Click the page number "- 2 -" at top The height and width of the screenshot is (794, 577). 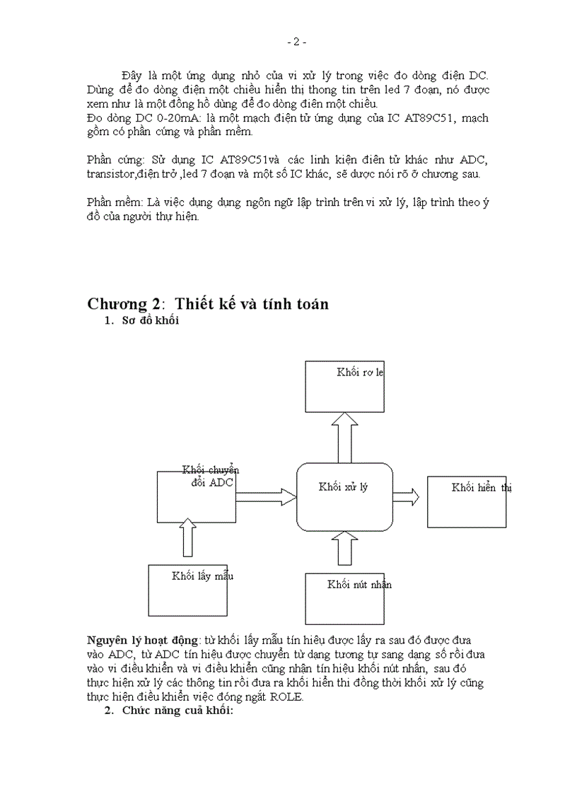(296, 42)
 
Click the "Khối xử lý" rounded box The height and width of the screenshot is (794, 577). (344, 496)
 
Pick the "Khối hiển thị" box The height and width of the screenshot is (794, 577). (466, 501)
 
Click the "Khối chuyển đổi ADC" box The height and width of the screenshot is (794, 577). (196, 498)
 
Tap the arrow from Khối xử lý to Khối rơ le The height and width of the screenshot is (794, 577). (344, 437)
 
